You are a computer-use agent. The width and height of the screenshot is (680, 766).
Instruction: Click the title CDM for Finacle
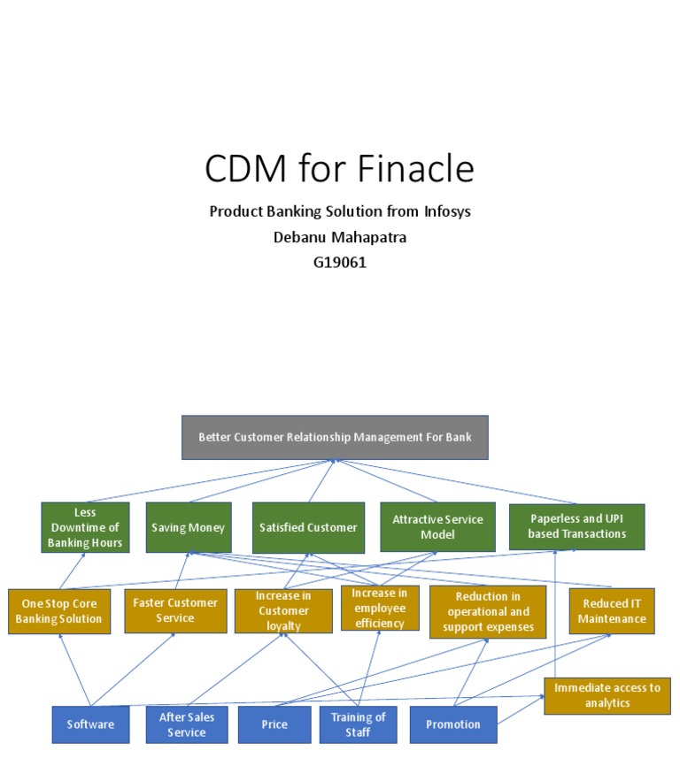339,167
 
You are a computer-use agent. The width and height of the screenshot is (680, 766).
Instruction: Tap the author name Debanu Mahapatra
339,236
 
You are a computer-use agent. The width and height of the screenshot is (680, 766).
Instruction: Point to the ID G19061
339,262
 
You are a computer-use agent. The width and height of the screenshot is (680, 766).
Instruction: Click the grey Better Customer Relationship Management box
335,437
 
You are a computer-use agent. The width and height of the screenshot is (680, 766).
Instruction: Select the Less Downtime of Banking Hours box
85,527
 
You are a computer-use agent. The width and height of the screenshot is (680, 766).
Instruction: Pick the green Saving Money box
188,527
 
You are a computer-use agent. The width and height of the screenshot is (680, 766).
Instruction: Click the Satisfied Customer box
308,527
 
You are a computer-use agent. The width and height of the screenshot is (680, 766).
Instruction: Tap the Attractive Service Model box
437,527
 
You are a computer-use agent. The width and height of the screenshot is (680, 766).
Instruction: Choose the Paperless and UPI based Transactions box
576,527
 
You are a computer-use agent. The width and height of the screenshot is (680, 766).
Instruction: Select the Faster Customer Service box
174,610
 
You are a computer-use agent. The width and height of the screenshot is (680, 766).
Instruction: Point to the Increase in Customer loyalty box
283,610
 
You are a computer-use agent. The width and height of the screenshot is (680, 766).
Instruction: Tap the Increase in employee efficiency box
380,608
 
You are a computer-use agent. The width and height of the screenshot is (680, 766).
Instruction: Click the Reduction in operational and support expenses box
488,611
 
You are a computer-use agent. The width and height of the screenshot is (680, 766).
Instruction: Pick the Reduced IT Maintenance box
612,610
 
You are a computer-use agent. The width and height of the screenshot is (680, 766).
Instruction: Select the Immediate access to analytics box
607,695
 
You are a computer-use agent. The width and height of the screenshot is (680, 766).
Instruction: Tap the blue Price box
274,724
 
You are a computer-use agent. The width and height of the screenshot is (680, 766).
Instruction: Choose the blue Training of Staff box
358,724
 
